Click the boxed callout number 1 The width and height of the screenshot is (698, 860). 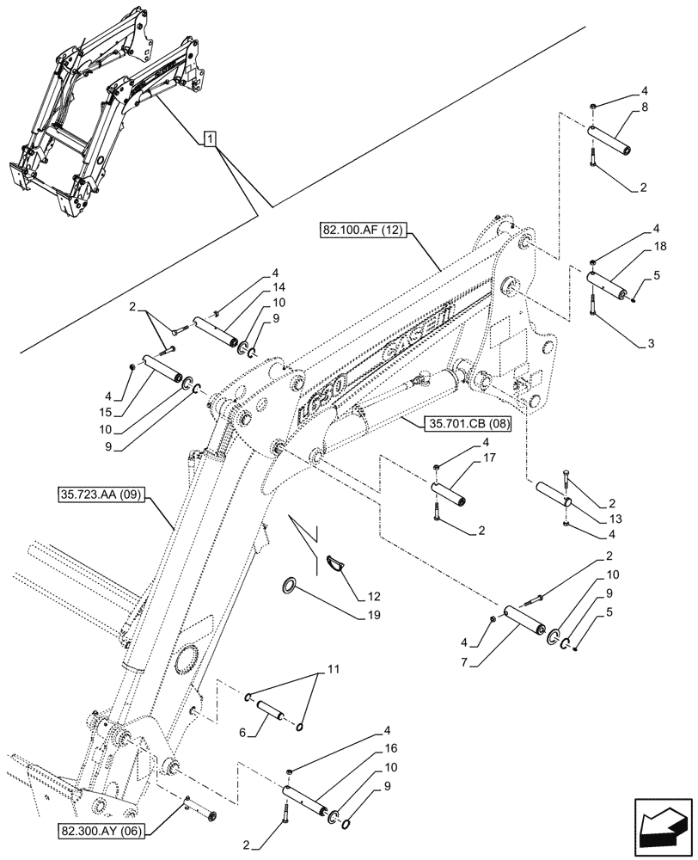(211, 138)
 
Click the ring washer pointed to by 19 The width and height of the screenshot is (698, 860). (291, 587)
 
